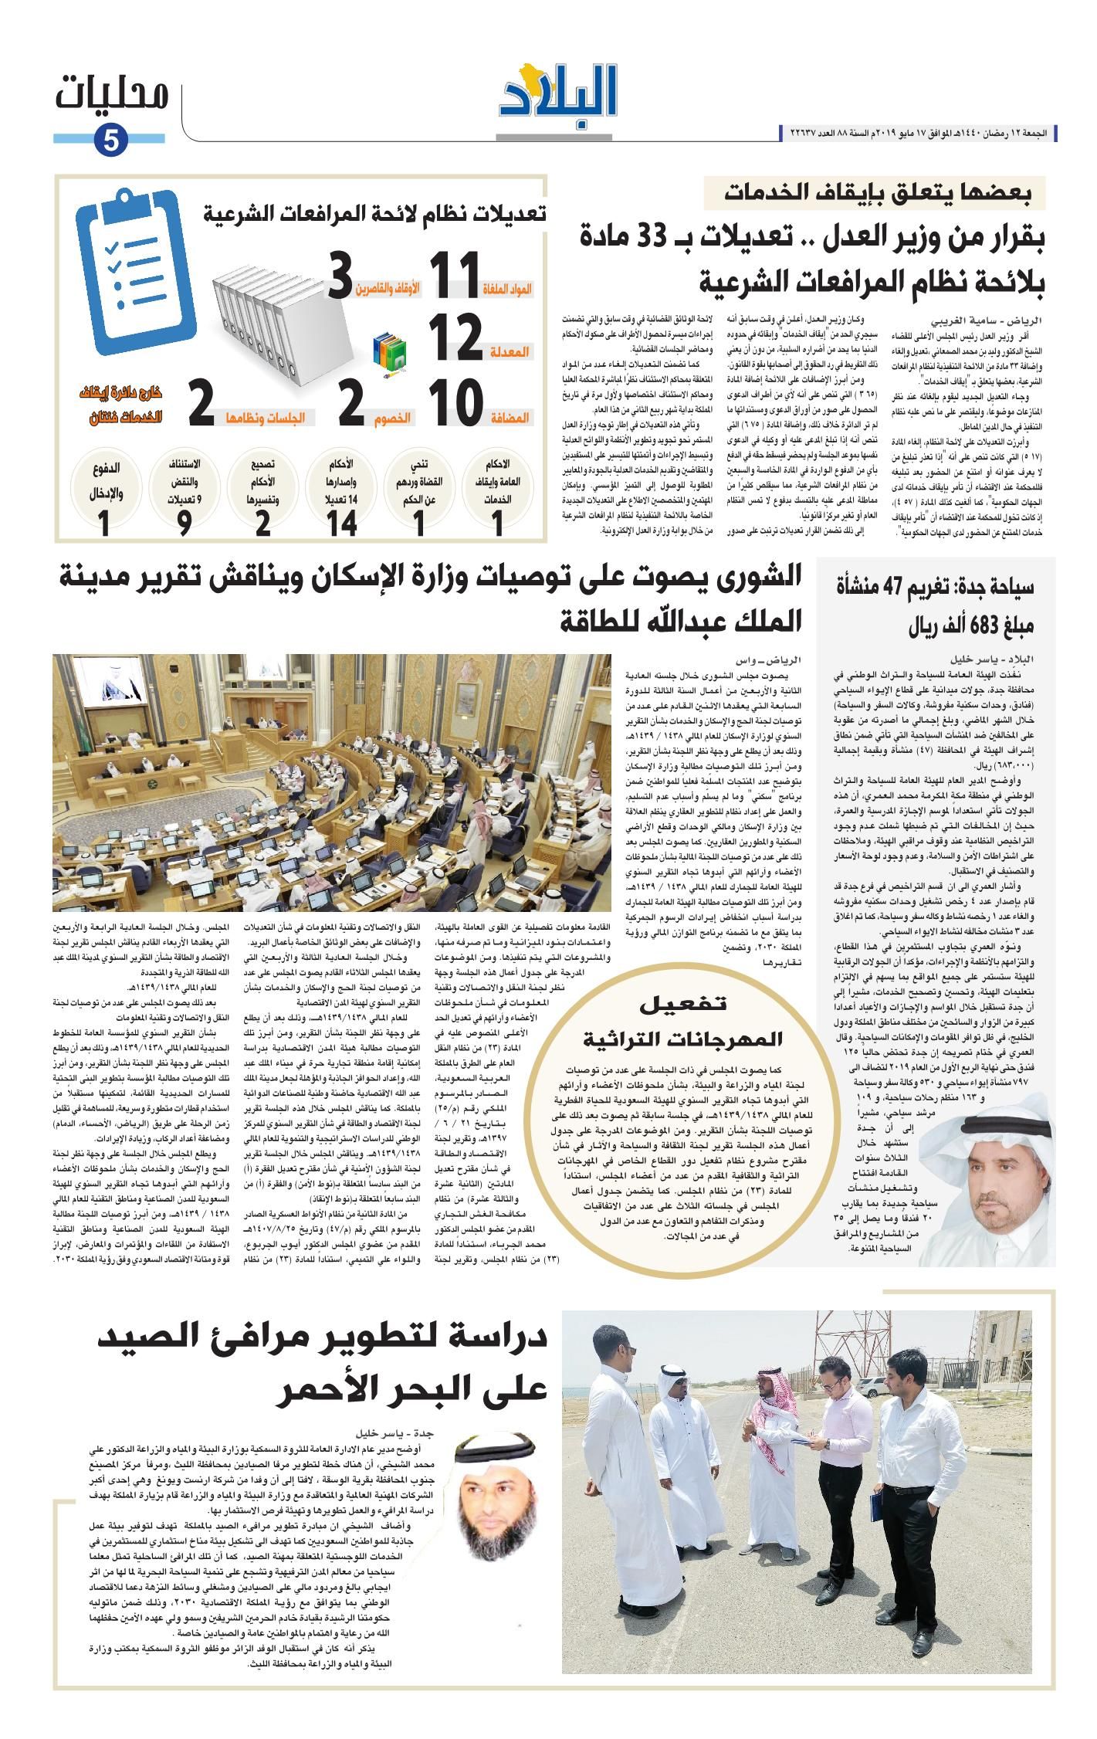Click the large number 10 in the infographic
455,402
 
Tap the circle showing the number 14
340,498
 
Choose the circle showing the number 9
184,498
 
